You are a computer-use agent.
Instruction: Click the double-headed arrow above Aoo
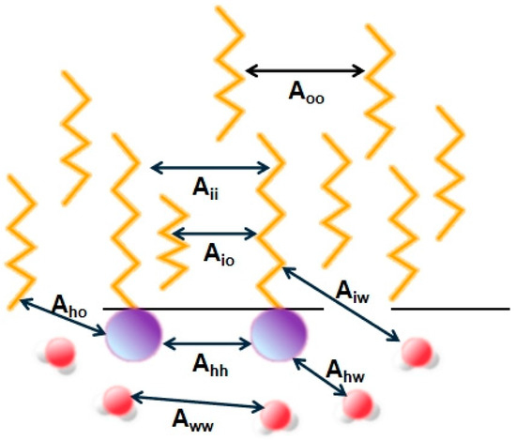[x=305, y=69]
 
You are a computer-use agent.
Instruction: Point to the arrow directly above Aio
[x=214, y=232]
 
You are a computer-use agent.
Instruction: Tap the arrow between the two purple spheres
[x=207, y=342]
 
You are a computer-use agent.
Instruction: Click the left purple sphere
[x=132, y=333]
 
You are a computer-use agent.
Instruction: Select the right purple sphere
[x=279, y=333]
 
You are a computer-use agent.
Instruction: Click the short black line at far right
[x=450, y=307]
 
